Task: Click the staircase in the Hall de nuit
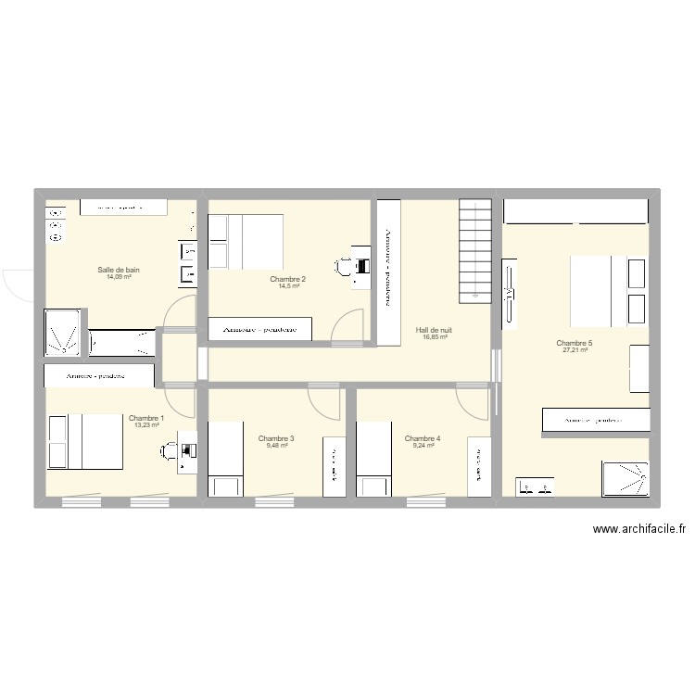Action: (474, 251)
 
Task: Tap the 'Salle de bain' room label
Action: (119, 271)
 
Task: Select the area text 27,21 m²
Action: (575, 350)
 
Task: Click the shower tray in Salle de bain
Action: (62, 333)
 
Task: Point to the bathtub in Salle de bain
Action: (121, 342)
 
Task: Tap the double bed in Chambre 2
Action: (246, 241)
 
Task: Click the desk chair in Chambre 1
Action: (170, 451)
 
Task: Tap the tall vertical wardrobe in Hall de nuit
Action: (387, 269)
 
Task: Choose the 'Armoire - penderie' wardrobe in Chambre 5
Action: (595, 420)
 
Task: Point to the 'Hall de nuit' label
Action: (434, 330)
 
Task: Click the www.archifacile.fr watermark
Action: (638, 530)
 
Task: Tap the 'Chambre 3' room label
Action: (276, 438)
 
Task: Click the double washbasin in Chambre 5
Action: (535, 486)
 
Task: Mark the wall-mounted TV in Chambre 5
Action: (508, 293)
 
